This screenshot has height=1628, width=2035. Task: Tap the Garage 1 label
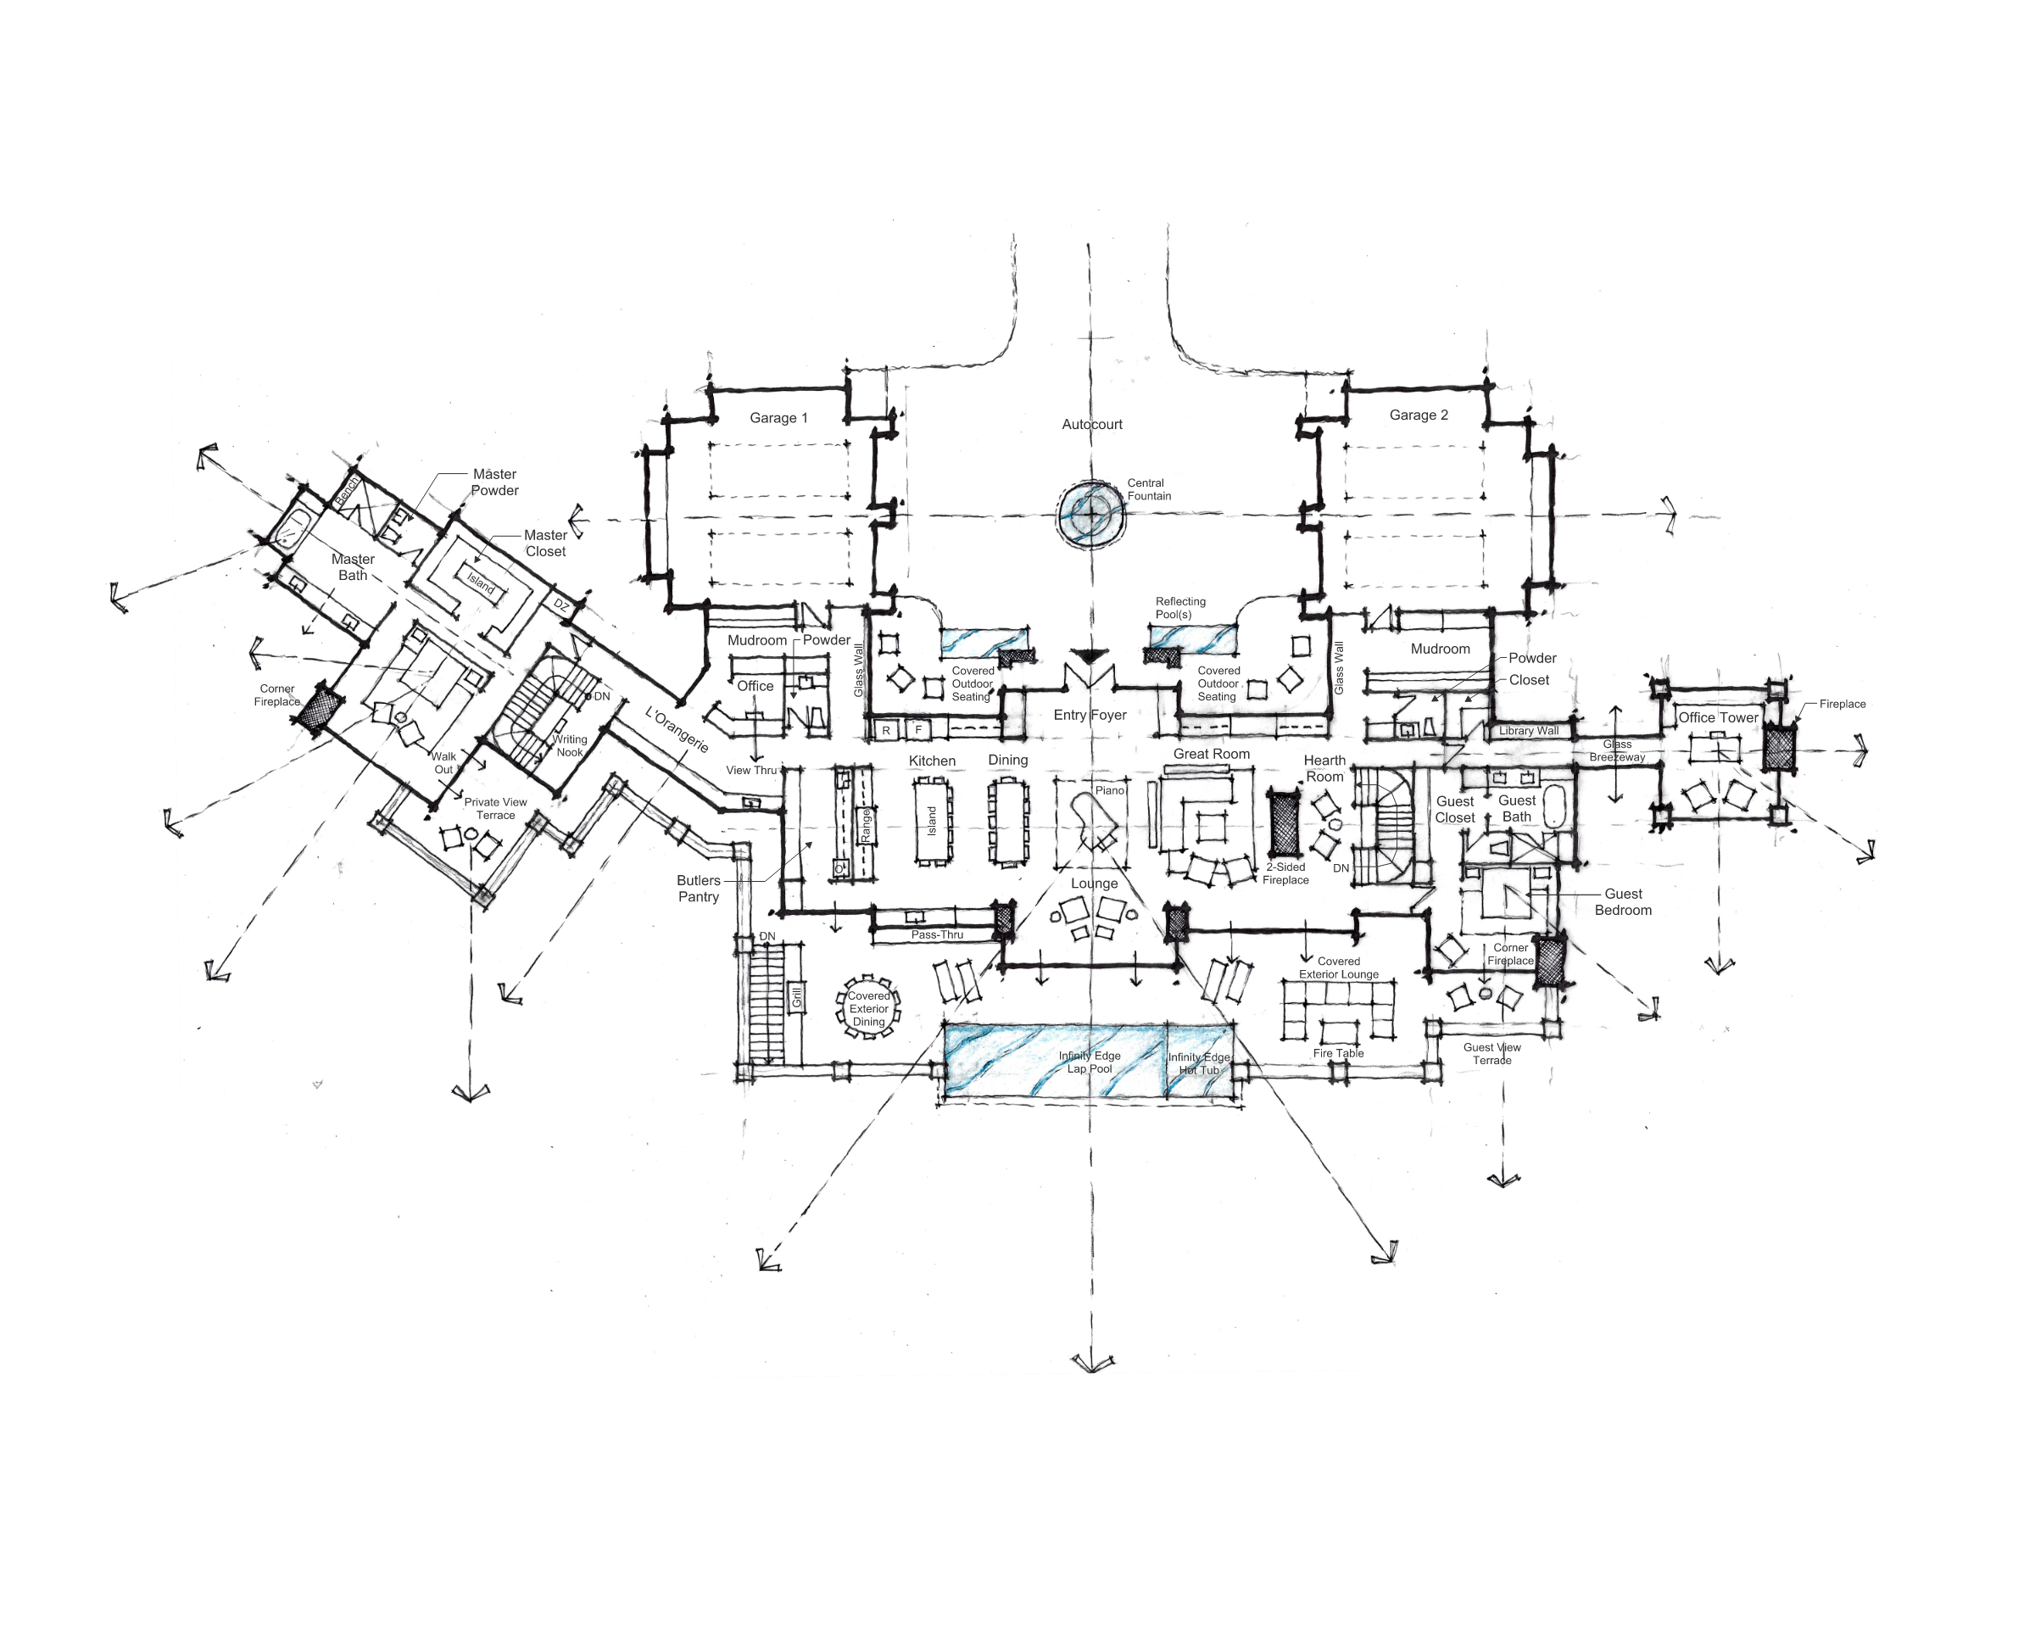[778, 418]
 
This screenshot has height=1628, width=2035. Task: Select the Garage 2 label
[1418, 415]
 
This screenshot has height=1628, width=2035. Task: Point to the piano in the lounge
[1095, 822]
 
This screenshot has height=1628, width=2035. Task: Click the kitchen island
[932, 820]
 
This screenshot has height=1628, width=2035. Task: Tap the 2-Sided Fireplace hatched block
[1284, 824]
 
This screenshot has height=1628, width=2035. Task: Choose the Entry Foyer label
[1090, 716]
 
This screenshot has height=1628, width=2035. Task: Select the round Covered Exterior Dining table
[868, 1008]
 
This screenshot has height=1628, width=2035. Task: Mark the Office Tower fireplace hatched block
[1778, 750]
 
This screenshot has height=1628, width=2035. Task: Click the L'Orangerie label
[676, 729]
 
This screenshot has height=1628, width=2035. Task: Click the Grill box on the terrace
[797, 996]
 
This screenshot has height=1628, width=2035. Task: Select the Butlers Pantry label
[699, 888]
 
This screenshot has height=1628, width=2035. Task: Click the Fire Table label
[1337, 1053]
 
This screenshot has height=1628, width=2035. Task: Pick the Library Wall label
[1528, 730]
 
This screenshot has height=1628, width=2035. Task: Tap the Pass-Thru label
[936, 934]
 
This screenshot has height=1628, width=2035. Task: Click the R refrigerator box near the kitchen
[885, 730]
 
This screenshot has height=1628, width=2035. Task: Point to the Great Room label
[1211, 754]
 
